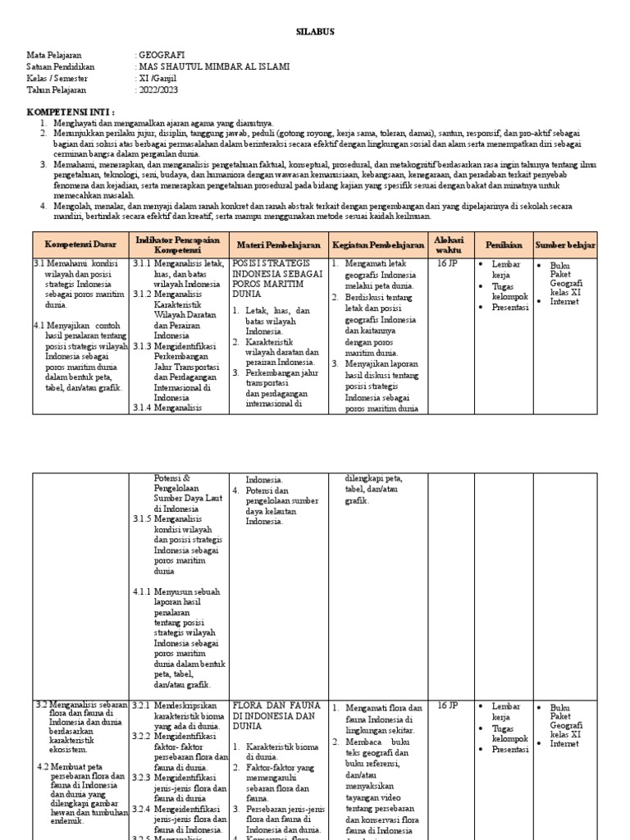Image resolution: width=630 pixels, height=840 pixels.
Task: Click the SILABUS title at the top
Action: coord(315,32)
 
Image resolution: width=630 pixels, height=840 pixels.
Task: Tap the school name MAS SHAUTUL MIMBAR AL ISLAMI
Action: coord(213,66)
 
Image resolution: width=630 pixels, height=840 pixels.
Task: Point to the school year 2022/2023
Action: coord(160,89)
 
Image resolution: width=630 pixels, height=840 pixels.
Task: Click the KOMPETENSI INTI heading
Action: coord(71,111)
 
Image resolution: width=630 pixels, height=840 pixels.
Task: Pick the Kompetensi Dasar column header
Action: coord(80,244)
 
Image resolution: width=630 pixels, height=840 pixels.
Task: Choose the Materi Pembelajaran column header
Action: coord(279,244)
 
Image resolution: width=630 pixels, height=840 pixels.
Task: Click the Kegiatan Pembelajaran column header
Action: coord(377,244)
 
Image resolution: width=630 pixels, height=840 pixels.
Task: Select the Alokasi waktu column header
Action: coord(450,244)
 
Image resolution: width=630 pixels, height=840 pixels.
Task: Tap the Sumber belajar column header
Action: coord(565,244)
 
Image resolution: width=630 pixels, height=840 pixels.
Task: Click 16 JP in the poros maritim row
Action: coord(448,264)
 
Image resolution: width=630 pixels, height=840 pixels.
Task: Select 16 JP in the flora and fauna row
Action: coord(448,705)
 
